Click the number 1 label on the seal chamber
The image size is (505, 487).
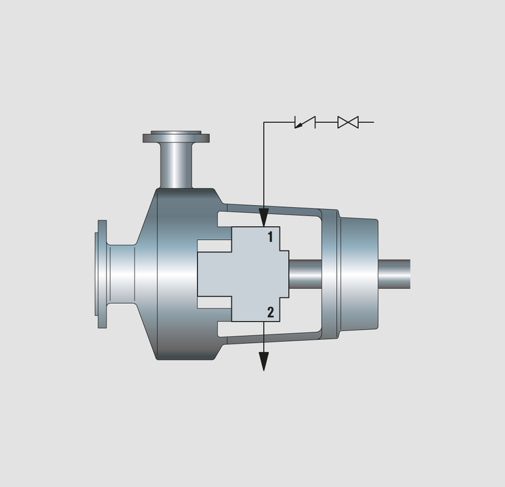click(270, 237)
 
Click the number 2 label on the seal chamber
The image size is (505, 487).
click(270, 312)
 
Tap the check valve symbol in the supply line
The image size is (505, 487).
click(305, 122)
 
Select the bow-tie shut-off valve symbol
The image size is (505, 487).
click(348, 122)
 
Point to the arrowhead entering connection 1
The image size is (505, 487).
click(264, 218)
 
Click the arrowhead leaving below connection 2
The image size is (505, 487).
click(264, 361)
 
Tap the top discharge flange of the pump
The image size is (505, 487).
click(176, 137)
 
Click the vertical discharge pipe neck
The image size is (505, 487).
click(176, 166)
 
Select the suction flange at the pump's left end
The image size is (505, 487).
click(102, 274)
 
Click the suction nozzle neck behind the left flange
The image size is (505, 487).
click(121, 274)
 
